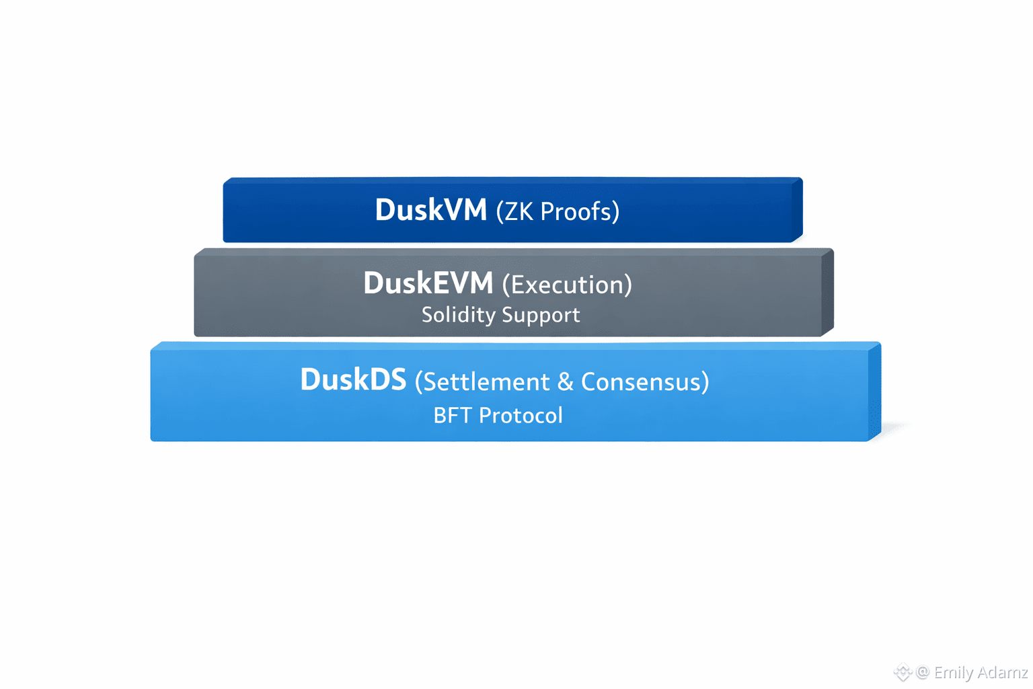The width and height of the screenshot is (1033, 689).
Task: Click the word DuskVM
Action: click(x=430, y=210)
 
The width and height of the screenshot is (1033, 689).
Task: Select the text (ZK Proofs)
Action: click(x=558, y=211)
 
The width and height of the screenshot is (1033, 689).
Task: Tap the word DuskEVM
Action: click(x=428, y=283)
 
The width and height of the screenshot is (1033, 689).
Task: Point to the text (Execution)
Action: click(x=567, y=285)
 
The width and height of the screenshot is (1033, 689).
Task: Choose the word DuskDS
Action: click(x=353, y=379)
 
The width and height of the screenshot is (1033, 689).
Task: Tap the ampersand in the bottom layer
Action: click(x=566, y=382)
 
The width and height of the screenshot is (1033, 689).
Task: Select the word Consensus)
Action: click(x=645, y=382)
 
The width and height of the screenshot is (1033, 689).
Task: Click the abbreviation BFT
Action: click(x=453, y=415)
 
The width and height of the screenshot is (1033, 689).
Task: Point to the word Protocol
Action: click(x=521, y=415)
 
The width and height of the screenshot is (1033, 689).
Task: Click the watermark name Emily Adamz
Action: click(x=981, y=672)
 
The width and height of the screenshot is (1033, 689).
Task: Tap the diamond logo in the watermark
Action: click(x=902, y=672)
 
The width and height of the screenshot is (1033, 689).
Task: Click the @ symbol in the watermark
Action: click(x=923, y=672)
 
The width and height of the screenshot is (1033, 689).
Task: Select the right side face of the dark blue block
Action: click(x=797, y=209)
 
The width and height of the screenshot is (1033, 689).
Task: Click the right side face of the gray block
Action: click(x=827, y=291)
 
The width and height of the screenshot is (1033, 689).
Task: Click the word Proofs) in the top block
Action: click(x=580, y=211)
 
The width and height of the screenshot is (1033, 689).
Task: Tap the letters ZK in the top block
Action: click(x=519, y=211)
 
